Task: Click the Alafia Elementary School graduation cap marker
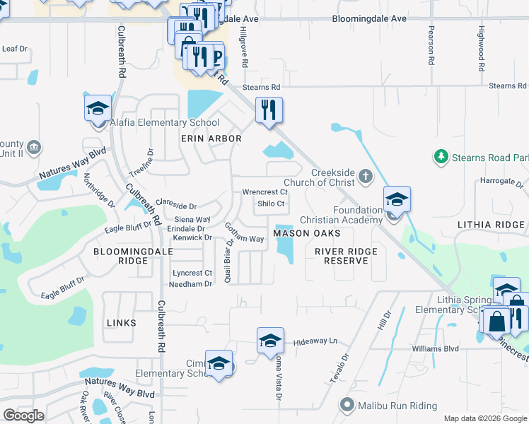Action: (x=98, y=109)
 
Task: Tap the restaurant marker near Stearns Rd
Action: (x=269, y=110)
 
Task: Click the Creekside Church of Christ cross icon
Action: (x=365, y=175)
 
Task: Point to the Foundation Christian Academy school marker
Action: (x=397, y=200)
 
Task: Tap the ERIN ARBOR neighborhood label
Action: (x=211, y=139)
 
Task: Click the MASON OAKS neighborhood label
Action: (x=307, y=233)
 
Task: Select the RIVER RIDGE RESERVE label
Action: (x=346, y=256)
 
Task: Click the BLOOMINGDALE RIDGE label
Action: (x=121, y=256)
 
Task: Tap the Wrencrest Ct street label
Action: (x=265, y=192)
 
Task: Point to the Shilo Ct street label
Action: (x=271, y=204)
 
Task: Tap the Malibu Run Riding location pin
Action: (x=347, y=405)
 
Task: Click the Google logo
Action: (x=23, y=416)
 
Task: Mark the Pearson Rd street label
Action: (x=431, y=46)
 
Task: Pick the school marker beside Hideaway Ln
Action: (x=270, y=341)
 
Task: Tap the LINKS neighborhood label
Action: (x=121, y=323)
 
